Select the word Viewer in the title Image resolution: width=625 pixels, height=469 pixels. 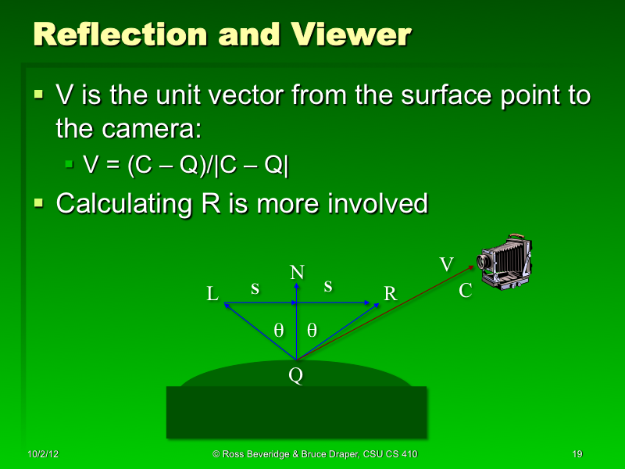tap(351, 34)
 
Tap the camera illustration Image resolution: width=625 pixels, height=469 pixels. tap(503, 262)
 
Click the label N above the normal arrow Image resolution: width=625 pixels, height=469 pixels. tap(297, 273)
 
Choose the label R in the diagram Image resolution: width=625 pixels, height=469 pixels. tap(391, 294)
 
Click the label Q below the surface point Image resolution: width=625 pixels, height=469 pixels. tap(295, 376)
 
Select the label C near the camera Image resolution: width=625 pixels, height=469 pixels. tap(466, 292)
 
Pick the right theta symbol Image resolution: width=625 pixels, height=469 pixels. tap(312, 330)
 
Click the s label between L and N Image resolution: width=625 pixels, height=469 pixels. tap(255, 288)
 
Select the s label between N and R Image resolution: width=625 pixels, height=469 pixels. tap(328, 287)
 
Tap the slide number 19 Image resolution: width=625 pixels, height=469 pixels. tap(578, 454)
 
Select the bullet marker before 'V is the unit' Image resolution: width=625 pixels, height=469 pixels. tap(39, 96)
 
